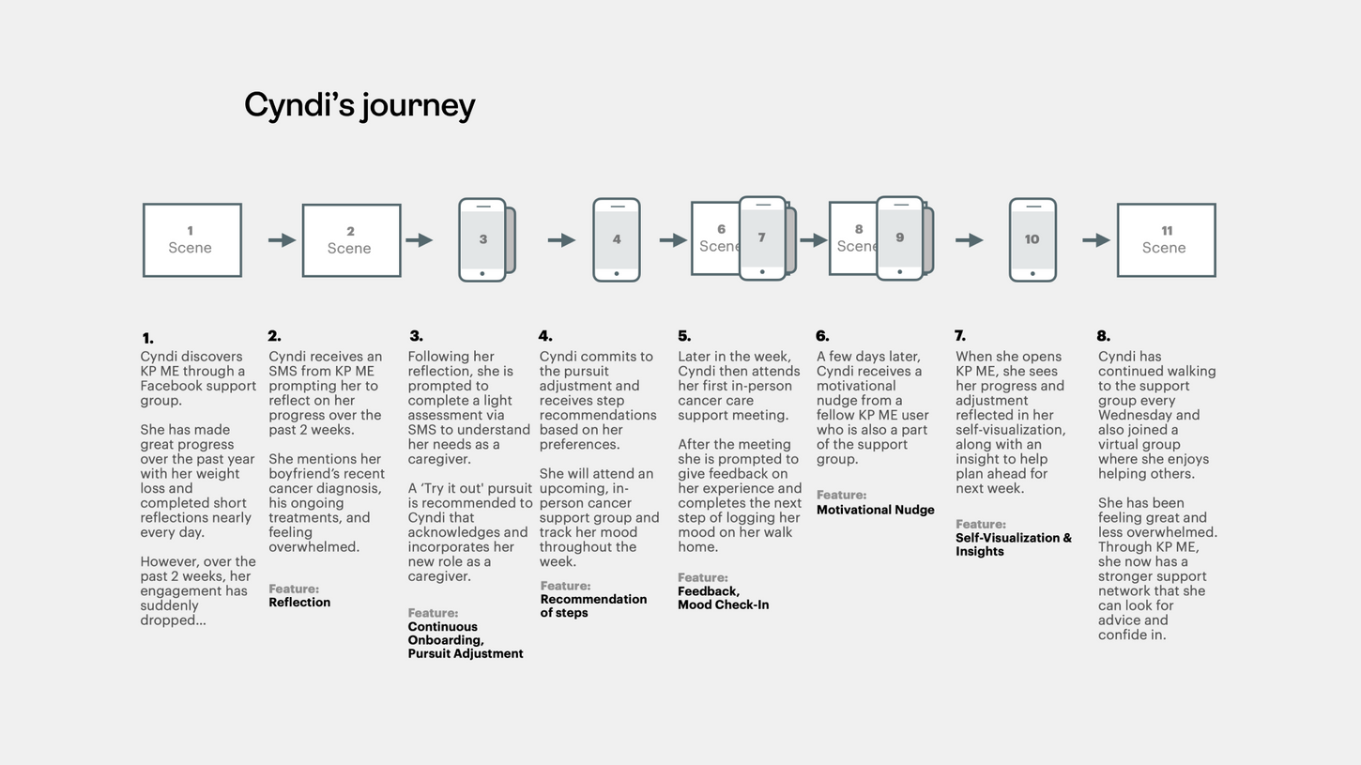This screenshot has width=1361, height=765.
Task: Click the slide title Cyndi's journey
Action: [x=359, y=104]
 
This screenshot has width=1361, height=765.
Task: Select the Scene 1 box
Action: [x=191, y=240]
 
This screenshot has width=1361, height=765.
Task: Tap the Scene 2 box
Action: [x=351, y=240]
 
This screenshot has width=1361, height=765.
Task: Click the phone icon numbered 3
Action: [x=482, y=239]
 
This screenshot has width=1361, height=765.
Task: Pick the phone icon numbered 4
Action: [x=617, y=239]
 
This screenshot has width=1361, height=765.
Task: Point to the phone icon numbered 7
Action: [x=762, y=238]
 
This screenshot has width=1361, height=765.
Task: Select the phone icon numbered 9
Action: [x=899, y=238]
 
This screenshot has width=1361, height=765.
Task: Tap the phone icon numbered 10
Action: [x=1032, y=239]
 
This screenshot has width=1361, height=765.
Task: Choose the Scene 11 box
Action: [x=1166, y=240]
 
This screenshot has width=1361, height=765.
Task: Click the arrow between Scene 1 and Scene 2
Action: [x=282, y=240]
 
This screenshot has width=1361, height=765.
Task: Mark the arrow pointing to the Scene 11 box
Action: [x=1095, y=240]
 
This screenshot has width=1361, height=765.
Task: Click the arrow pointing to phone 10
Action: [x=969, y=240]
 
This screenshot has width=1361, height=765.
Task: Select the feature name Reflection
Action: [x=299, y=603]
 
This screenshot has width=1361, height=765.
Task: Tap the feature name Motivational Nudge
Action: [x=875, y=510]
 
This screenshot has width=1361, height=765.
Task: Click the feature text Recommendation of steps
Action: [x=592, y=605]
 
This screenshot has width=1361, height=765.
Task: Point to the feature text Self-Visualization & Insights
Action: [x=1013, y=544]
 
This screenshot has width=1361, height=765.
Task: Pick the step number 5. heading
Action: [x=684, y=336]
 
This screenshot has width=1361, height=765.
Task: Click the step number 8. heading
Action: [x=1103, y=336]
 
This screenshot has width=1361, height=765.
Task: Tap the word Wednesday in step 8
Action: [x=1136, y=415]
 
